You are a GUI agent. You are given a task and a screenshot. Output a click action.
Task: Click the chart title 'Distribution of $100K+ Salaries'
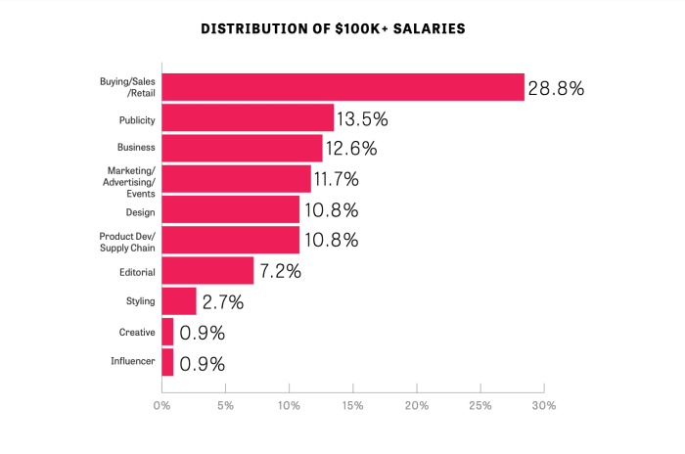tap(333, 28)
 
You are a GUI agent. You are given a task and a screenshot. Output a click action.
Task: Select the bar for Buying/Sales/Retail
tap(342, 87)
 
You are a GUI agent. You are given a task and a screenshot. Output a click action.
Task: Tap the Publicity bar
tap(248, 118)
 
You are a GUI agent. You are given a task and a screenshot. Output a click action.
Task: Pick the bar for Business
tap(242, 149)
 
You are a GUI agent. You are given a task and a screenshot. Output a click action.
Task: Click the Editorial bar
tap(207, 270)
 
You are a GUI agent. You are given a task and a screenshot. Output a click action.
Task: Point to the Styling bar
tap(179, 300)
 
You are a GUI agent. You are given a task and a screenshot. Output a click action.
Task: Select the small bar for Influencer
tap(167, 362)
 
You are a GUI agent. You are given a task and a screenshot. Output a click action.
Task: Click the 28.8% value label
tap(556, 88)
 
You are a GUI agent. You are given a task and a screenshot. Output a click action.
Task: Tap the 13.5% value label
tap(362, 119)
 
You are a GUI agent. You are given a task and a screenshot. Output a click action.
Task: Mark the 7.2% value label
tap(280, 271)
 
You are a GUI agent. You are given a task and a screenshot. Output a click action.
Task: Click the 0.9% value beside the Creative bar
tap(202, 333)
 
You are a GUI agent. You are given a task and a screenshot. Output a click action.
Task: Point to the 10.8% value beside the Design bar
tap(331, 210)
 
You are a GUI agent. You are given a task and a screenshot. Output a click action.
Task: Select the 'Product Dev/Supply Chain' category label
tap(127, 241)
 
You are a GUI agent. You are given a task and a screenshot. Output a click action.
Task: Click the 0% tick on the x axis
tap(161, 405)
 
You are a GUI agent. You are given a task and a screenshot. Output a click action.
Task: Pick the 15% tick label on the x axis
tap(352, 405)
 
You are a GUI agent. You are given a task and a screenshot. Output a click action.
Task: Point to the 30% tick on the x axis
tap(544, 405)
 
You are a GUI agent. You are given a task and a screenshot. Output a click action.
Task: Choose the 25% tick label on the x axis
tap(480, 405)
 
